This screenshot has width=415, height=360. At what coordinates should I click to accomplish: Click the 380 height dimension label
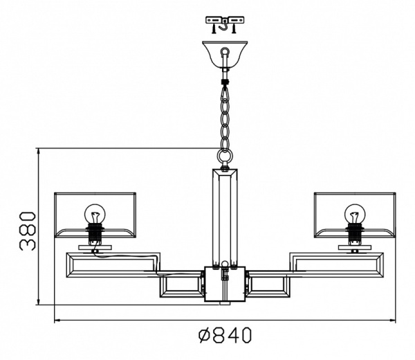pos(28,231)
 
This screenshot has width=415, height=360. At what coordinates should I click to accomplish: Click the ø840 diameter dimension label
pos(225,335)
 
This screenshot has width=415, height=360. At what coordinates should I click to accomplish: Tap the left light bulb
pos(95,214)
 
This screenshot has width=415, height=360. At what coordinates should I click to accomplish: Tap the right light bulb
pos(355,214)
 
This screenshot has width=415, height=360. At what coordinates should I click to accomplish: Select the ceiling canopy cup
pos(225,54)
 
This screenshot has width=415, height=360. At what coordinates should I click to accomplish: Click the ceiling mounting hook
pos(224,26)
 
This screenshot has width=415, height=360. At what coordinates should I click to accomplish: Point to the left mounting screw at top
pos(213,28)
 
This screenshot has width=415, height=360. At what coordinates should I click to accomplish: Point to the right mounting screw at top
pos(234,28)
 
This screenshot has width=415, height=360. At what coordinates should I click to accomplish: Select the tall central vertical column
pos(225,217)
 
